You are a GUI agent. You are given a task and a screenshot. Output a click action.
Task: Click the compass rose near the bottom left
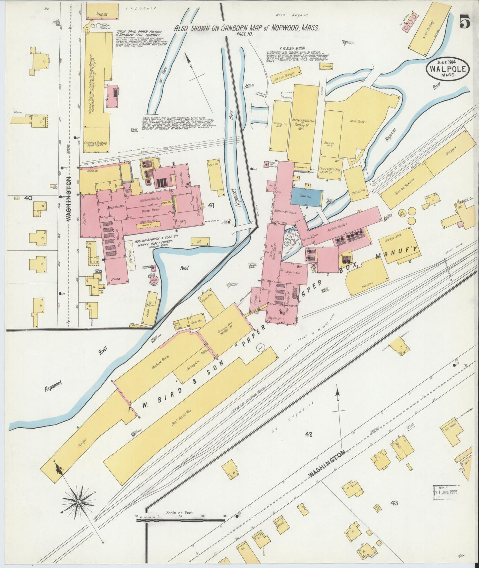tap(79, 503)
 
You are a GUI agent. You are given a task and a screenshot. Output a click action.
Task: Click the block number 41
tap(211, 205)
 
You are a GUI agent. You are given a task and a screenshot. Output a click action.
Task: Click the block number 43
tap(394, 512)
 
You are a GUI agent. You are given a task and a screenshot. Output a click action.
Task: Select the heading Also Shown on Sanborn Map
tap(247, 28)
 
